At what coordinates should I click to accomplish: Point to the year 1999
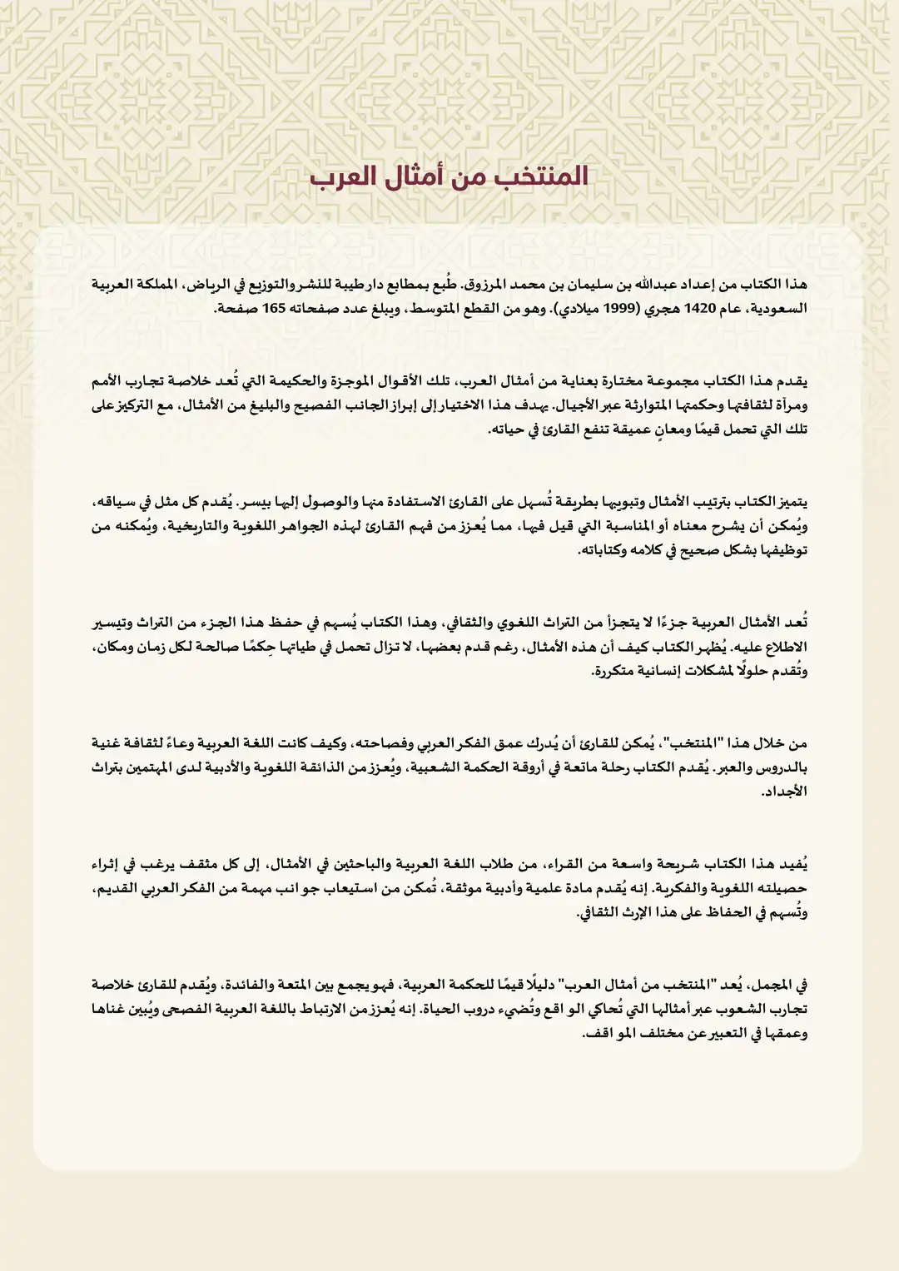point(620,309)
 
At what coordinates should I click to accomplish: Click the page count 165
point(274,309)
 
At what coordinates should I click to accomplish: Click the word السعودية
point(779,309)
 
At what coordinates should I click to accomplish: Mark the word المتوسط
point(434,309)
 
